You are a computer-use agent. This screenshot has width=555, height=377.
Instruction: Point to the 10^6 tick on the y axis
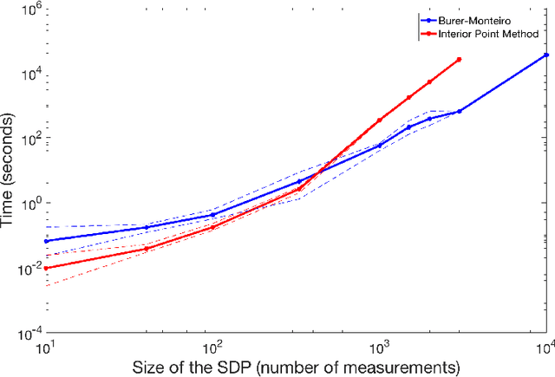coord(29,10)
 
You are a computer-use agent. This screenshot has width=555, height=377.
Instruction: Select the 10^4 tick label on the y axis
coord(29,75)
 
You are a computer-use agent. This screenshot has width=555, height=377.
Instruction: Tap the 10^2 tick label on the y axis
coord(29,139)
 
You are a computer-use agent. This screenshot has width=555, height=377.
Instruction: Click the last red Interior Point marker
coord(459,60)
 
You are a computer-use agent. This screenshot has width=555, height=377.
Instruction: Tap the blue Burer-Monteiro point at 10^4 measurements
coord(545,55)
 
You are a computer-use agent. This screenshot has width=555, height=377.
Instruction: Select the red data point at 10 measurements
coord(46,268)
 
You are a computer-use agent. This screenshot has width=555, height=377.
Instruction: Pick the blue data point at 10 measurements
coord(46,241)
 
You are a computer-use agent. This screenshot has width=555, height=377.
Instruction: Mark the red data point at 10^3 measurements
coord(380,120)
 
